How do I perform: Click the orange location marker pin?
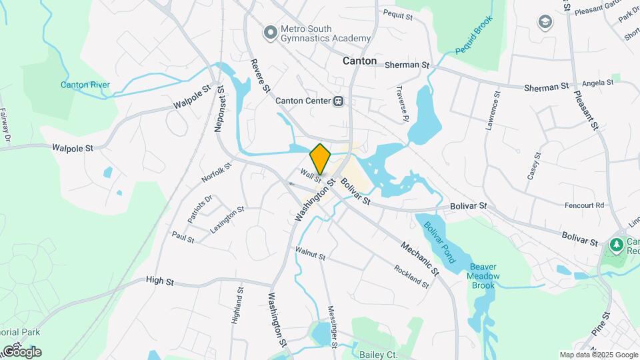321,159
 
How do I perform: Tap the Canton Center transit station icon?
339,101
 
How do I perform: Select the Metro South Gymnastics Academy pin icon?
270,31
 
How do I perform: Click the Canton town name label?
359,61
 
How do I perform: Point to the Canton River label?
85,85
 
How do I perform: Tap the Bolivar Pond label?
440,239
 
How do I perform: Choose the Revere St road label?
259,75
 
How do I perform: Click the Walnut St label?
310,255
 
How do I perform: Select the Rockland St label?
411,276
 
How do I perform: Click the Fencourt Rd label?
583,205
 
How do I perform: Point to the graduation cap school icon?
545,22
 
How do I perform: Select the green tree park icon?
617,246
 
